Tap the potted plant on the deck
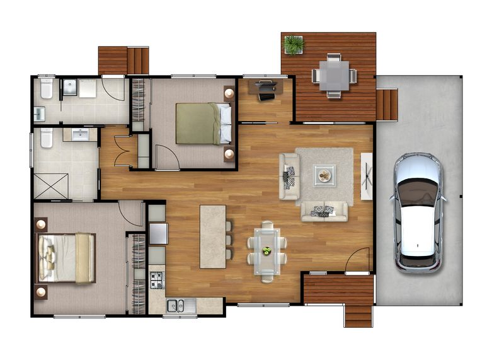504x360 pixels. pos(294,44)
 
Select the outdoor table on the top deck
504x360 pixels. pos(335,76)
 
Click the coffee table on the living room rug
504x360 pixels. pos(324,175)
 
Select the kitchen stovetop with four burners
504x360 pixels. pos(156,279)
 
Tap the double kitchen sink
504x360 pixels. pos(175,306)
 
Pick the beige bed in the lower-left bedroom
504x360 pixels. pos(67,257)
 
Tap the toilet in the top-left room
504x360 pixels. pos(47,90)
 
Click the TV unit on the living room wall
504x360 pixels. pos(367,176)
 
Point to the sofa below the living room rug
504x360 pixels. pos(324,211)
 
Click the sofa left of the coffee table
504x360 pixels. pos(289,176)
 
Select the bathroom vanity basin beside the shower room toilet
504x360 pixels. pos(80,134)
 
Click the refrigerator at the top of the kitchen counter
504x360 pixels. pos(157,233)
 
